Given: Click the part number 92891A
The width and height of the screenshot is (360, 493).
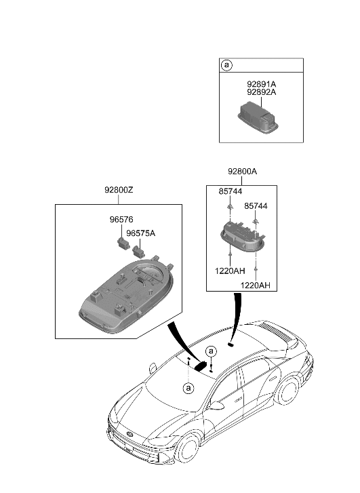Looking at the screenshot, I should coord(261,84).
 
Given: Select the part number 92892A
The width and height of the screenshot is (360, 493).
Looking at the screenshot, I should coord(261,93).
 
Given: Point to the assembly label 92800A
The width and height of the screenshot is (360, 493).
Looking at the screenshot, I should coord(242,172).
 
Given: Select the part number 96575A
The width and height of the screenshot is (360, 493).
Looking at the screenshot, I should coord(141,233).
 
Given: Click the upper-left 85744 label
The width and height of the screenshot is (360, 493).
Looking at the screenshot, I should coord(231,192).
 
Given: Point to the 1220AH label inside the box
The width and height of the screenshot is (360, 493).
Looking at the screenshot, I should coord(231,269).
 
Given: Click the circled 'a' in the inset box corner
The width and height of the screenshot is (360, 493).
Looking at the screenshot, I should coord(227,66).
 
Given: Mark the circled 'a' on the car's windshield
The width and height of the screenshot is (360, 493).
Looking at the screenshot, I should coord(187,387).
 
